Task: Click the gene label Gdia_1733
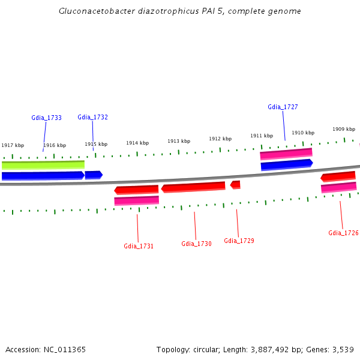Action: pos(46,118)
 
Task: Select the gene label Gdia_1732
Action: pos(92,117)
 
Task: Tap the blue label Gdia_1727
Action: pos(283,107)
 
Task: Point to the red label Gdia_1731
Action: pos(139,246)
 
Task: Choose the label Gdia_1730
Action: pos(196,244)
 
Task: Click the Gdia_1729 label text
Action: pos(239,241)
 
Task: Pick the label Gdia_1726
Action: pos(343,233)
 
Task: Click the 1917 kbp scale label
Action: pos(13,145)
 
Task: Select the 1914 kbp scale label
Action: pos(137,143)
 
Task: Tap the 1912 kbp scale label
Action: pos(220,139)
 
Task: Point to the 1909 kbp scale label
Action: pos(344,129)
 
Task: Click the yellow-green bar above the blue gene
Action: pos(43,164)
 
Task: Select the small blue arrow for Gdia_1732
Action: pos(94,175)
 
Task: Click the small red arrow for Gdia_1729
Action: pos(235,185)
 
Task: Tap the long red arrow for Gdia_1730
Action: pos(193,188)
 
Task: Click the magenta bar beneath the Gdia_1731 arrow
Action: pos(136,200)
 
